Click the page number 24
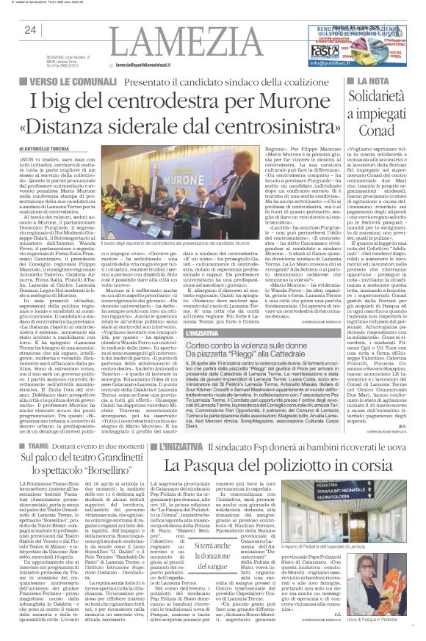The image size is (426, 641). coord(30,29)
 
